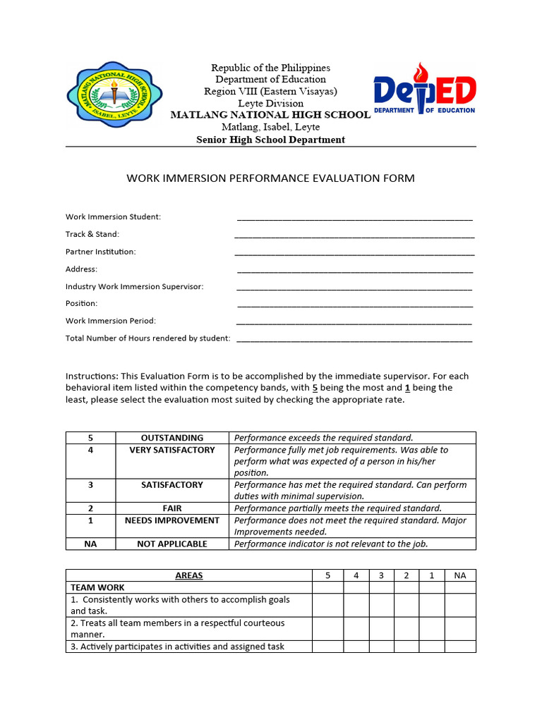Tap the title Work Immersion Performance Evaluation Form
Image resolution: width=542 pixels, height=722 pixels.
[x=270, y=178]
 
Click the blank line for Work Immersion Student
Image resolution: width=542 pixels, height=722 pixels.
[x=354, y=218]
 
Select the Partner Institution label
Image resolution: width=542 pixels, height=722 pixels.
[x=101, y=252]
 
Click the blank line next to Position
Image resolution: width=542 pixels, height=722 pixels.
[x=354, y=305]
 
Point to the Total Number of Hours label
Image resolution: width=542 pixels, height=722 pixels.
[x=147, y=338]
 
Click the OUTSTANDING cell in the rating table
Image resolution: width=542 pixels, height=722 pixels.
[x=172, y=438]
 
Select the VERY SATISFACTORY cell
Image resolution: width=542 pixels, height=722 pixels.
[x=172, y=450]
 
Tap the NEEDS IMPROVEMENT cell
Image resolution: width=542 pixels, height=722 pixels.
[x=172, y=520]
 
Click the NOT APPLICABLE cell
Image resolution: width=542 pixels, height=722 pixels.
[x=172, y=544]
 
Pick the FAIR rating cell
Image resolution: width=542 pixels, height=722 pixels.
[x=172, y=508]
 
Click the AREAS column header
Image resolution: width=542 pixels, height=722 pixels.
[x=189, y=575]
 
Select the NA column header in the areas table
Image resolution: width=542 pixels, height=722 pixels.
[x=460, y=575]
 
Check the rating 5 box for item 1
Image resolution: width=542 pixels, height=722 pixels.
[x=327, y=605]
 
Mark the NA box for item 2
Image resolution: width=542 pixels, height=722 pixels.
[x=460, y=629]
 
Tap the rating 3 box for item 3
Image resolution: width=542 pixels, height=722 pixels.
[x=381, y=647]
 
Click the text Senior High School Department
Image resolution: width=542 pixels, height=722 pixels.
[x=270, y=140]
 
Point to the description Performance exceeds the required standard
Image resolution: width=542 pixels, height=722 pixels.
[x=324, y=438]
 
